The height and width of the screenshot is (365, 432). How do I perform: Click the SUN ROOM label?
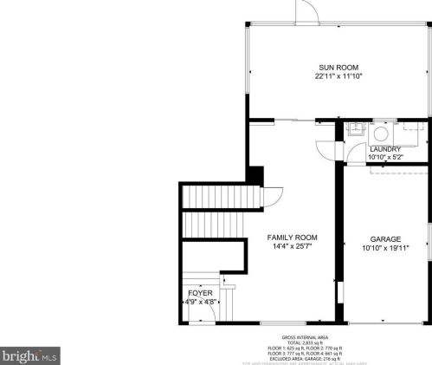[x=338, y=68]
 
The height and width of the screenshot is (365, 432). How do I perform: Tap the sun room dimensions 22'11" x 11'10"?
[x=338, y=76]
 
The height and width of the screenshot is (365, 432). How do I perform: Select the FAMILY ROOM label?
[x=292, y=238]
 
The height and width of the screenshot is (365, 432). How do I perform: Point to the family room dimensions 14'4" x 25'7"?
[x=292, y=246]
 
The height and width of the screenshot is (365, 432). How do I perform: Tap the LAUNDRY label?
[x=384, y=149]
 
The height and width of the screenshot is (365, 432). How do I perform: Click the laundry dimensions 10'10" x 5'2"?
[x=384, y=157]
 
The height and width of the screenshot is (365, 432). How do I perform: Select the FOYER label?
[x=200, y=293]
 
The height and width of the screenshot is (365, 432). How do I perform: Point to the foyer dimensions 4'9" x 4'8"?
[x=200, y=302]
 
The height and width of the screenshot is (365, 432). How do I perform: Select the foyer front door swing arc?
[x=205, y=318]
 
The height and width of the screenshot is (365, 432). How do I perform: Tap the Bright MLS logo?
[x=29, y=355]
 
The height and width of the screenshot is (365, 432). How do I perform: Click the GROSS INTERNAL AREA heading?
[x=305, y=336]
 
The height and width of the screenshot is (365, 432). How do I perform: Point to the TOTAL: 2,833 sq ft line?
[x=305, y=342]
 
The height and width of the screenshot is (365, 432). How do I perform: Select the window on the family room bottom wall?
[x=281, y=323]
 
